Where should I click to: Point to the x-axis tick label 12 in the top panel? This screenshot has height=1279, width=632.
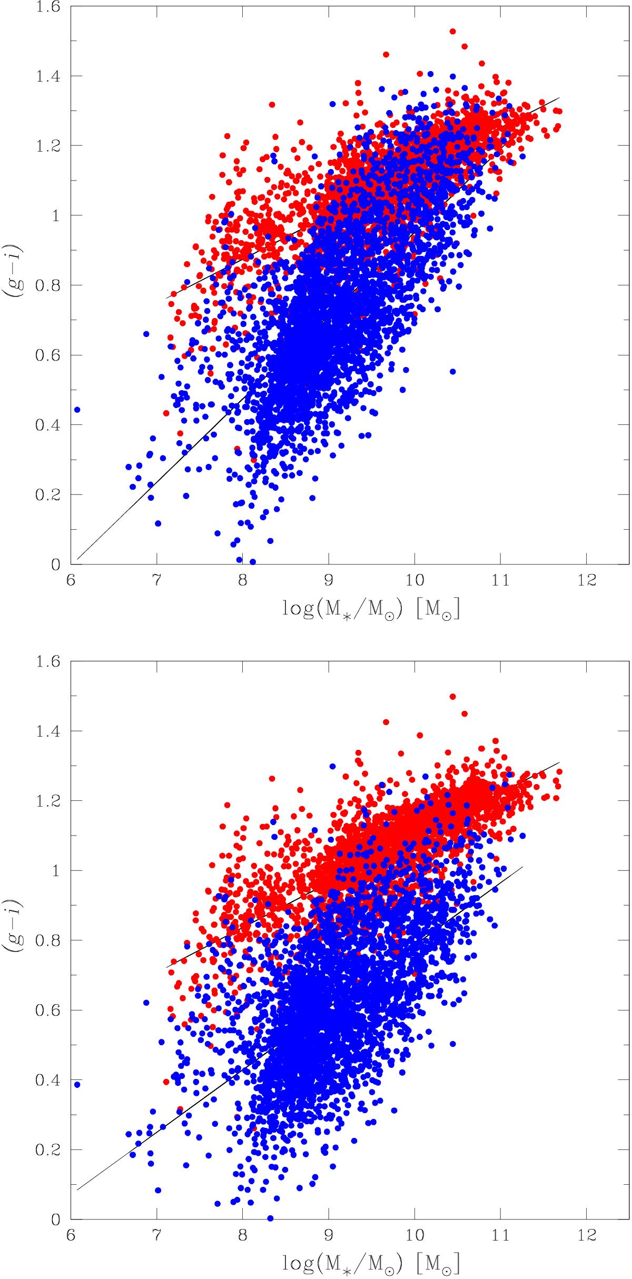click(587, 581)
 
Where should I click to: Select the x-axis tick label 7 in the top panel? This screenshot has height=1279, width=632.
click(156, 581)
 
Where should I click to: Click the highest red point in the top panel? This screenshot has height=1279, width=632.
click(452, 32)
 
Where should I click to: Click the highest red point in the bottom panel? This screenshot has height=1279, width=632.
click(452, 697)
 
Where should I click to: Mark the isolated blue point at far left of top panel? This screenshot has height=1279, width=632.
click(77, 410)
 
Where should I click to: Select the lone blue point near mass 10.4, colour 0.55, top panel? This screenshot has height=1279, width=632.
click(452, 372)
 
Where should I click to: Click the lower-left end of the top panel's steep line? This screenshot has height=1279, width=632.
click(77, 559)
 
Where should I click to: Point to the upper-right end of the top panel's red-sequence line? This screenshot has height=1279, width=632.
click(559, 97)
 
